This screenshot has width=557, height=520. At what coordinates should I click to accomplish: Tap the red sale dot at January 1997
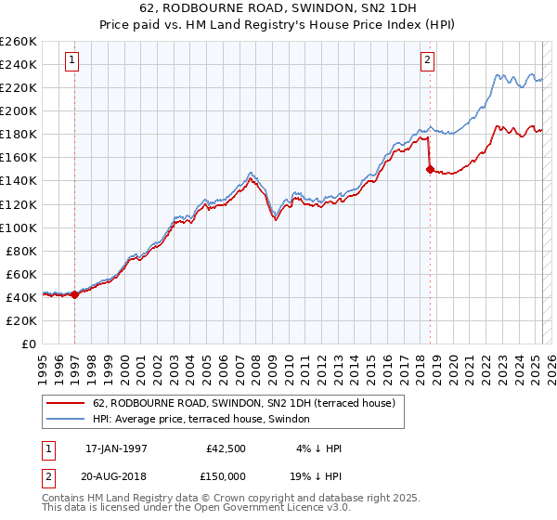pyautogui.click(x=75, y=294)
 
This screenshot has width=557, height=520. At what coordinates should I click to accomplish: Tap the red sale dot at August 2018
pyautogui.click(x=430, y=169)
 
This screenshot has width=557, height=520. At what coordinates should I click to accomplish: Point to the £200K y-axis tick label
pyautogui.click(x=19, y=110)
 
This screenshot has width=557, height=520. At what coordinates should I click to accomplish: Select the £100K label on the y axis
pyautogui.click(x=19, y=227)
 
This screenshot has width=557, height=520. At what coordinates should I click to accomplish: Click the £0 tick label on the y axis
pyautogui.click(x=28, y=344)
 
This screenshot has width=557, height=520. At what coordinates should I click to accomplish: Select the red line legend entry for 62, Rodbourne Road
pyautogui.click(x=244, y=403)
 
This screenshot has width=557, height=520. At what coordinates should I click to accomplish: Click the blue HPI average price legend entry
pyautogui.click(x=205, y=420)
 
